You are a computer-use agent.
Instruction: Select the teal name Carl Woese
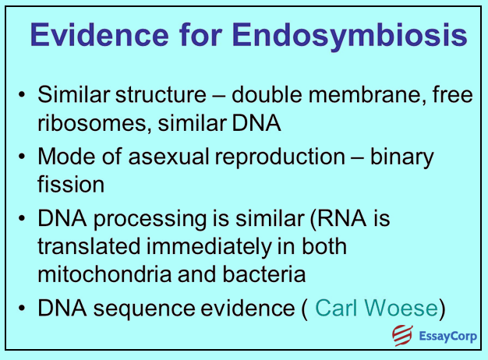pos(376,308)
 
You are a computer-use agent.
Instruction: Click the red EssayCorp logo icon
pos(401,338)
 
